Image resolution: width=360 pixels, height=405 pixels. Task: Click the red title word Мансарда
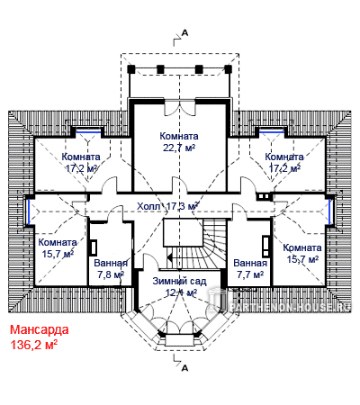tap(40, 330)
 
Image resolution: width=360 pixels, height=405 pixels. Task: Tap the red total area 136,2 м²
tap(34, 345)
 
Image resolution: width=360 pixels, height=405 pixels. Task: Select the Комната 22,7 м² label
tap(179, 141)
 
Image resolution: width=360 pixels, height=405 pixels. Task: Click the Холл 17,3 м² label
tap(167, 206)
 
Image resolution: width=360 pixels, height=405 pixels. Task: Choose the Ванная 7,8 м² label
tap(111, 268)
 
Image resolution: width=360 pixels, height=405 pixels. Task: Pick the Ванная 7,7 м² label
tap(250, 268)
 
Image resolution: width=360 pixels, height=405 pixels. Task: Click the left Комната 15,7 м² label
tap(58, 248)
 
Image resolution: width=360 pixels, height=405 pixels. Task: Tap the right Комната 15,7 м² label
tap(302, 254)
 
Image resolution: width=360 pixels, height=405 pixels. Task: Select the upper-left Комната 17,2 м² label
tap(81, 162)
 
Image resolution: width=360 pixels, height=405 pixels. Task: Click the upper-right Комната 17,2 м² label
tap(284, 162)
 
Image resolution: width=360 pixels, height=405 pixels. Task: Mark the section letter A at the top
tap(185, 33)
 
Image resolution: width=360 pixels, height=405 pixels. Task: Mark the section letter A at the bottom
tap(185, 367)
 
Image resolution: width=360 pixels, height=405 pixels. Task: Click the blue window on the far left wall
tap(29, 211)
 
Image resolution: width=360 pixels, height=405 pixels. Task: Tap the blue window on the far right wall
tap(330, 211)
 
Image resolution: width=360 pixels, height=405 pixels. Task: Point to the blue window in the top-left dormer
tap(88, 131)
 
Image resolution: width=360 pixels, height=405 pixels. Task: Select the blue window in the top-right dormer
tap(272, 131)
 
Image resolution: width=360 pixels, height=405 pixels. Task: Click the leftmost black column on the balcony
tap(131, 69)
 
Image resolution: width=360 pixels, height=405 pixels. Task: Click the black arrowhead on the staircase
tap(170, 257)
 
